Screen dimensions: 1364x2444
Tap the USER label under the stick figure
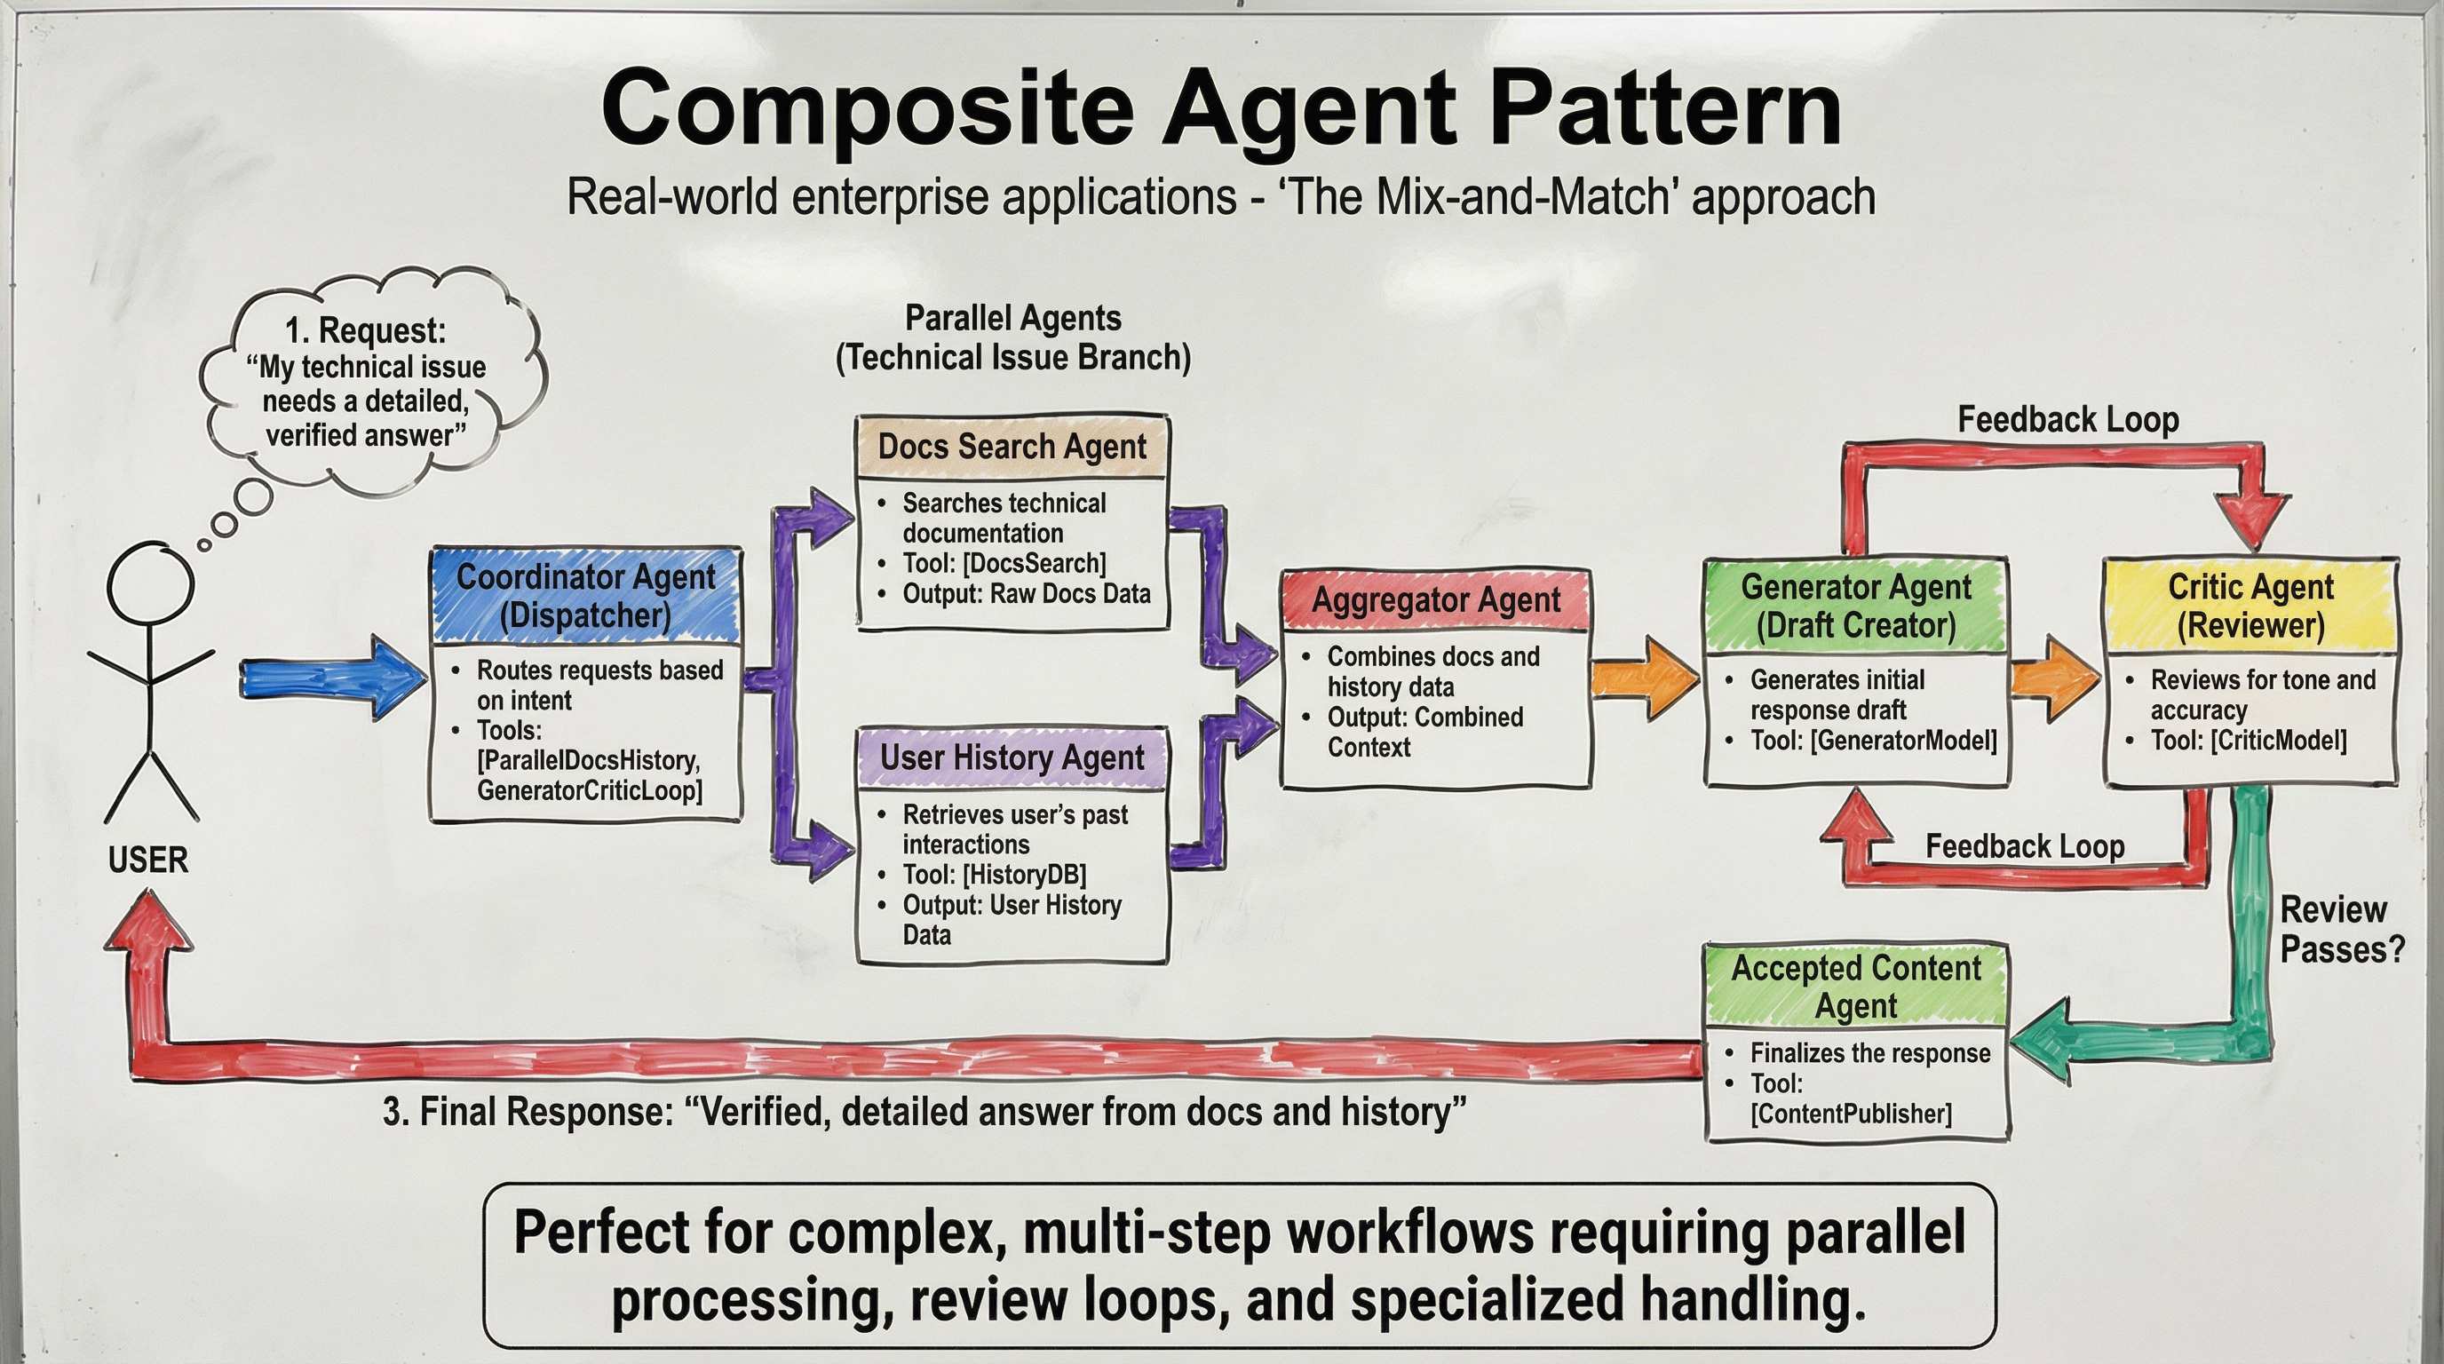pos(148,860)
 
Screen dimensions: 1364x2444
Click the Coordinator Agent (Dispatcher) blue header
pos(585,596)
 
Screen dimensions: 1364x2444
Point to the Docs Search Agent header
pos(1012,446)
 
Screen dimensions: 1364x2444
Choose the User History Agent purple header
pos(1012,757)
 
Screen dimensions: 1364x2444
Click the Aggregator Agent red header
pos(1435,599)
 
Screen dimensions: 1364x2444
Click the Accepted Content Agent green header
pos(1856,986)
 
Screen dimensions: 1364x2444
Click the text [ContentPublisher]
pos(1851,1113)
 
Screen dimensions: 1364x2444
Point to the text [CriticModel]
pos(2278,740)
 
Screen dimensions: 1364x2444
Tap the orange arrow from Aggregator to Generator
pos(1644,678)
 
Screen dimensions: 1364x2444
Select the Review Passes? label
pos(2342,930)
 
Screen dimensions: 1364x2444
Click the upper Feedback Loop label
pos(2068,419)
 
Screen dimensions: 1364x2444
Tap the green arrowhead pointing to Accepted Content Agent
pos(2040,1040)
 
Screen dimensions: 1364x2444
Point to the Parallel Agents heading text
pos(1012,318)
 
